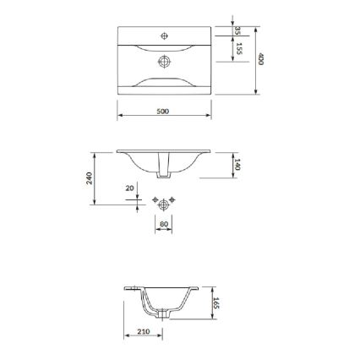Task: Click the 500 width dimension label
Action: click(163, 111)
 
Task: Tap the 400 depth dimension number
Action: click(262, 60)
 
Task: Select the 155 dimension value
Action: click(239, 48)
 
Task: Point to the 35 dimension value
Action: click(238, 30)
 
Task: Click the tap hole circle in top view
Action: click(165, 35)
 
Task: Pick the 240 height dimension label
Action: click(89, 177)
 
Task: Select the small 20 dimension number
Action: click(128, 188)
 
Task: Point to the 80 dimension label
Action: click(164, 224)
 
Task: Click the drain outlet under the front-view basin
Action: click(164, 171)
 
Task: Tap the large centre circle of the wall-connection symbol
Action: click(164, 204)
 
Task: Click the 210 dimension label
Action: click(143, 331)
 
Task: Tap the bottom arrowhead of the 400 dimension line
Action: click(255, 92)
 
